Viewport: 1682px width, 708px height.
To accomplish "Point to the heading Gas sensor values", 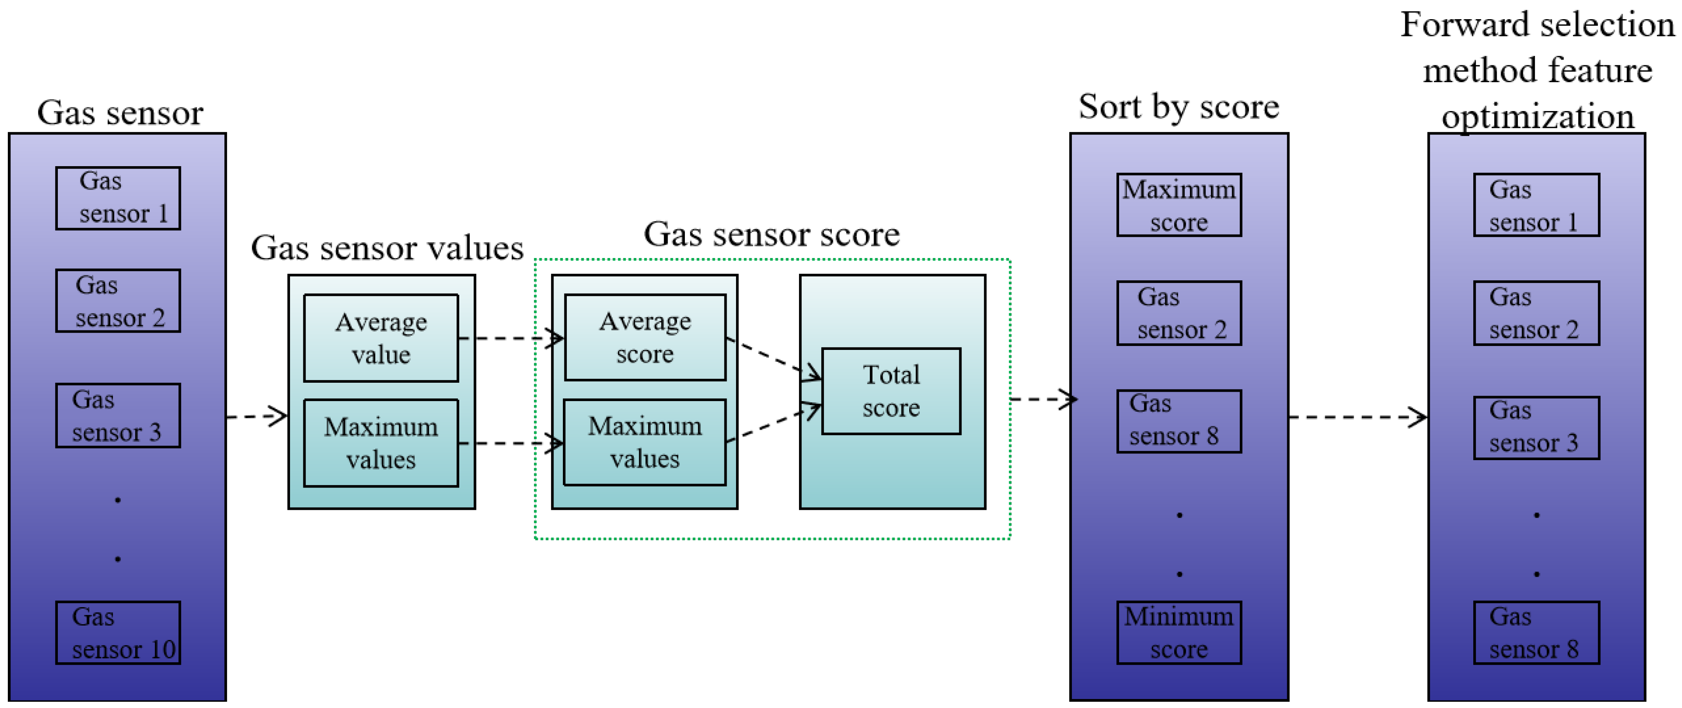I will (x=387, y=248).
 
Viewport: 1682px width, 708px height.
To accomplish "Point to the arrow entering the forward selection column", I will (x=1358, y=417).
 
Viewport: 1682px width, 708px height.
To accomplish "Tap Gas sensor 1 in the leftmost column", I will (x=118, y=198).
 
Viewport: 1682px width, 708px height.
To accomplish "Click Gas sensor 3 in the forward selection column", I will (x=1536, y=428).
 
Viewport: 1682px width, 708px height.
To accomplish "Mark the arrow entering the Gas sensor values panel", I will (x=256, y=416).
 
